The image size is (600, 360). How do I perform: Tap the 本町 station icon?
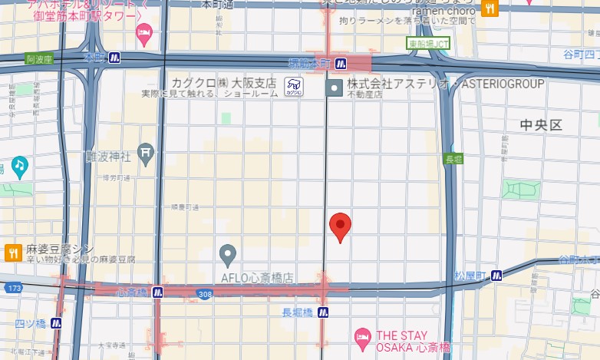tap(114, 58)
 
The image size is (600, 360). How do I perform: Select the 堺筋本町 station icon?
tap(341, 62)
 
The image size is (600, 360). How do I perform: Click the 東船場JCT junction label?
tap(428, 44)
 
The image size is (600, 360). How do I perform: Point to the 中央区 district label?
tap(541, 124)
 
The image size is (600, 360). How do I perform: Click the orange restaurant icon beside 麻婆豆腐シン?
tap(12, 250)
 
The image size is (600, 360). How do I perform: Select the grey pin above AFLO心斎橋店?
tap(227, 253)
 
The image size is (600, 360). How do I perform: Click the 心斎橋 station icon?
tap(157, 292)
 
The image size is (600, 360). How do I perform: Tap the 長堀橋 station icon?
tap(323, 312)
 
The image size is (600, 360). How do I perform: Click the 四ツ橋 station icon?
tap(56, 323)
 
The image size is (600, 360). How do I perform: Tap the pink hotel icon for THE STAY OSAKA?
tap(362, 336)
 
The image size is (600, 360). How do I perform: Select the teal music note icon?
tap(19, 164)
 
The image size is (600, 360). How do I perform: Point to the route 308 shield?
tap(204, 294)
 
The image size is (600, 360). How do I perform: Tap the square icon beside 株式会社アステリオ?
tap(334, 88)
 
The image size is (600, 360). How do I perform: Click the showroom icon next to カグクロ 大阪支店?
tap(292, 87)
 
